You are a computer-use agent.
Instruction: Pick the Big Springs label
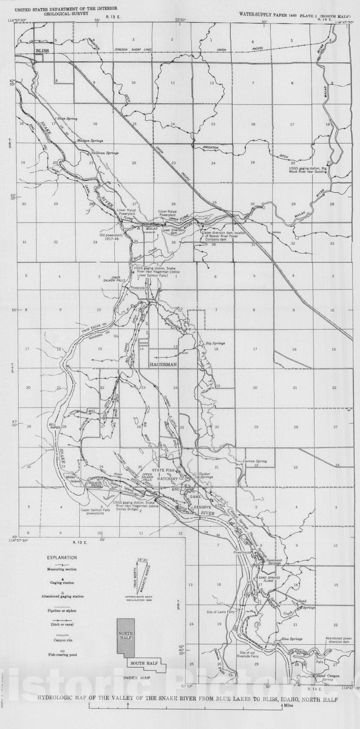point(216,343)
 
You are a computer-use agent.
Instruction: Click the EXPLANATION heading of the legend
point(62,557)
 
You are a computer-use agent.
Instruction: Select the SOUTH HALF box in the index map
point(144,663)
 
